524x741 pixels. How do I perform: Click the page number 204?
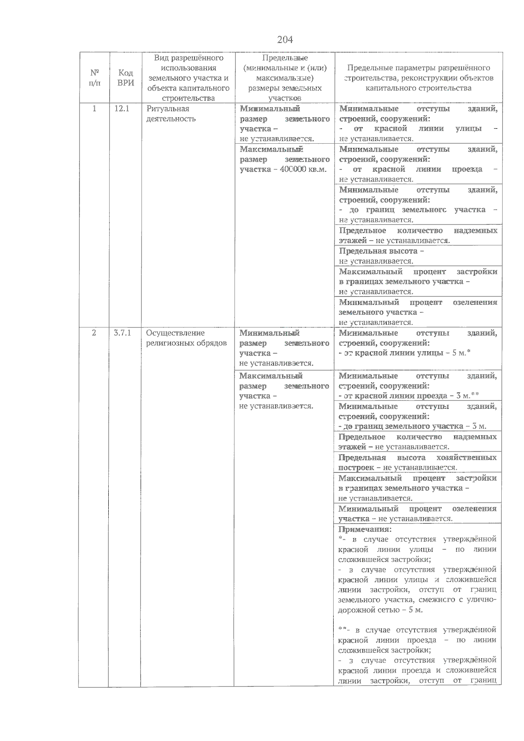(x=285, y=40)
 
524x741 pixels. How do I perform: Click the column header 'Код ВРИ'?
(x=126, y=78)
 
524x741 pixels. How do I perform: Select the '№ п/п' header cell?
(x=94, y=78)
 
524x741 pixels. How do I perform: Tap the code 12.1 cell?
(x=122, y=109)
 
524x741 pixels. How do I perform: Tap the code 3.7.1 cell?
(x=122, y=333)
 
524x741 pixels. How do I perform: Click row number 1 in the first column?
(x=94, y=109)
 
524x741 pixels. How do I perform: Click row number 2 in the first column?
(x=94, y=333)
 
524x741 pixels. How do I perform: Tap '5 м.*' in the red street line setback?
(x=462, y=353)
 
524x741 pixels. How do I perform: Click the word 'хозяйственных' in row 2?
(x=466, y=458)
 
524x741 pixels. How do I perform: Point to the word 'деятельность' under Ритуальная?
(x=171, y=119)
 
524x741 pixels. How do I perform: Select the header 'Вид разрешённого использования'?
(x=188, y=63)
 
